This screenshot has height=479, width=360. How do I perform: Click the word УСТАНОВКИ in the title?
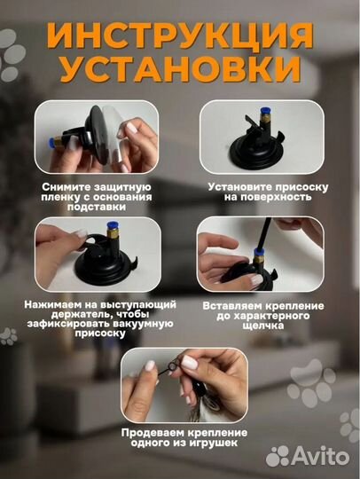tap(180, 70)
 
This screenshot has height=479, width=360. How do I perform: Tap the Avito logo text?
tap(320, 456)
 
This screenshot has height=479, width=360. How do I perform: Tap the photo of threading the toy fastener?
tap(180, 382)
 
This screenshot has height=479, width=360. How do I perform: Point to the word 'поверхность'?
tap(261, 198)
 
